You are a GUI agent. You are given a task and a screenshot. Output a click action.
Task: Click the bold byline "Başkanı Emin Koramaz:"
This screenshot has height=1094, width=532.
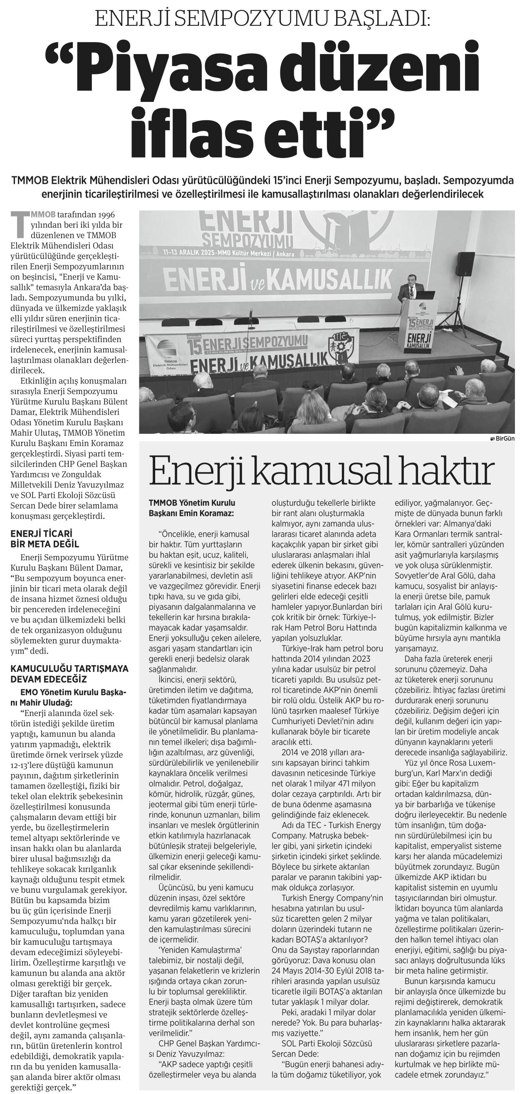191,513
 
